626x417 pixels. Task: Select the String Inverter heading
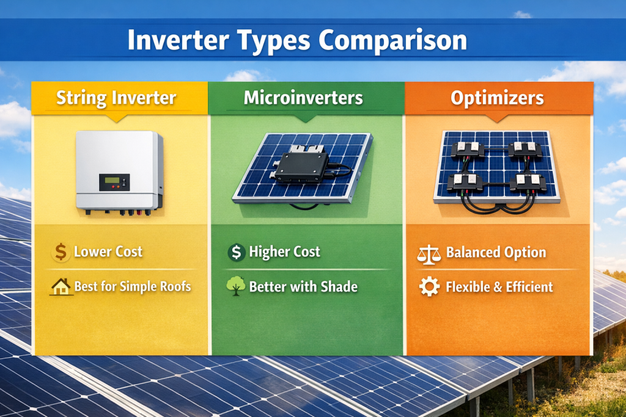point(116,98)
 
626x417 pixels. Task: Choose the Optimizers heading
point(498,98)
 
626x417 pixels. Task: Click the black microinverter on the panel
point(301,165)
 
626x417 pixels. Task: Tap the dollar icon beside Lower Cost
point(61,252)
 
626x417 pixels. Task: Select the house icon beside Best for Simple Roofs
point(61,287)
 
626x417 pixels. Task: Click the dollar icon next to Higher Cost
point(235,252)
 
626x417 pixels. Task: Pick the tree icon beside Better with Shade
point(235,286)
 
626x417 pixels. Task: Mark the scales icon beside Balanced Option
point(429,253)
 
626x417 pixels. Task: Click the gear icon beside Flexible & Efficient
point(429,287)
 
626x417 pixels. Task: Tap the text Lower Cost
point(108,252)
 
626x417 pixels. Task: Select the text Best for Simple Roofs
point(133,287)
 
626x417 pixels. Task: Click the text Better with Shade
point(303,287)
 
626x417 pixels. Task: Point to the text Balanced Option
point(496,253)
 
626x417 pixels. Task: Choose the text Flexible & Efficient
point(499,287)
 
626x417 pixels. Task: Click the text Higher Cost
point(284,252)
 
